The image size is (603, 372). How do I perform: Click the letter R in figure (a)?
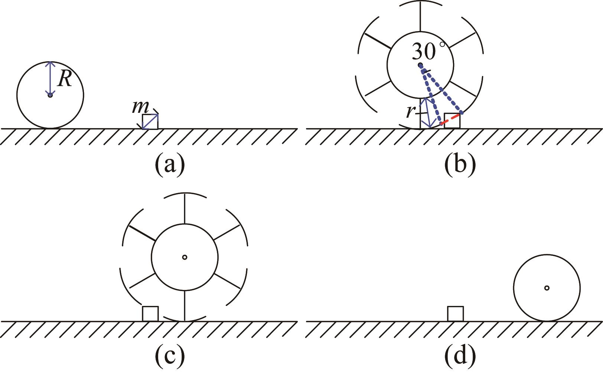[x=65, y=79]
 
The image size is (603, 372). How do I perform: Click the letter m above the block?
[x=140, y=107]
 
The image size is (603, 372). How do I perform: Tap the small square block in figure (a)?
[x=150, y=122]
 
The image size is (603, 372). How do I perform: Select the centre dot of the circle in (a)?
[x=50, y=95]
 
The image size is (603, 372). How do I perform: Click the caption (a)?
[x=170, y=163]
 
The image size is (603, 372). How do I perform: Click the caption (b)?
[x=460, y=163]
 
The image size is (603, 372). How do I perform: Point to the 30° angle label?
[x=427, y=51]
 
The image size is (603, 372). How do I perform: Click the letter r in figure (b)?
[x=410, y=111]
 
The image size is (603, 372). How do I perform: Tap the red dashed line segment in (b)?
[x=450, y=120]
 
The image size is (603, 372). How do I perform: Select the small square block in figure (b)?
[x=452, y=121]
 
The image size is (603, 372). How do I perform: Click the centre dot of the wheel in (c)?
[x=185, y=257]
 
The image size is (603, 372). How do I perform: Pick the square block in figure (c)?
[x=150, y=314]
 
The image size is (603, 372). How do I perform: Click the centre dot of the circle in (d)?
[x=547, y=288]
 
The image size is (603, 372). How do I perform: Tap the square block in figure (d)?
[x=455, y=314]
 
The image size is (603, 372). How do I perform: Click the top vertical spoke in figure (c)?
[x=185, y=209]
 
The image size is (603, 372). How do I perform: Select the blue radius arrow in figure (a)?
[x=50, y=78]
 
